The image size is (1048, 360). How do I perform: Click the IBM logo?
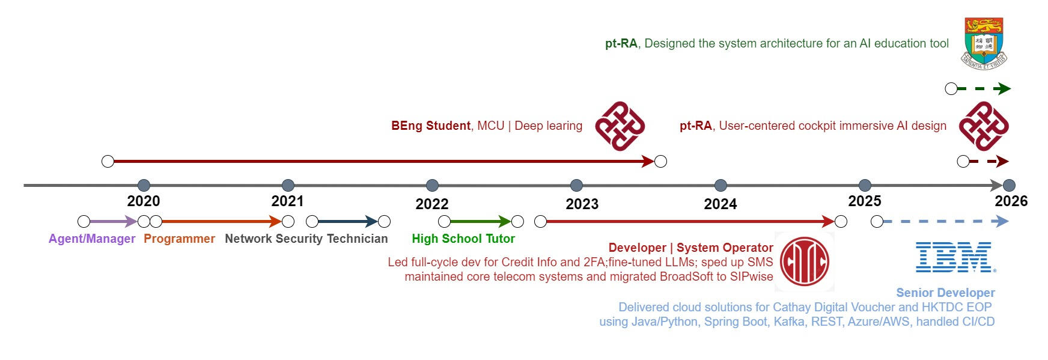click(x=955, y=257)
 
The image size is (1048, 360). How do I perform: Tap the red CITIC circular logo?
click(x=804, y=261)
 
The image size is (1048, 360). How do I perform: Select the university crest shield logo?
click(x=984, y=41)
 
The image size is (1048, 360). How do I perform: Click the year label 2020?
click(x=144, y=201)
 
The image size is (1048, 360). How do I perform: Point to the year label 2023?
click(x=582, y=204)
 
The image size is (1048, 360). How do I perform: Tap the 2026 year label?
click(x=1011, y=201)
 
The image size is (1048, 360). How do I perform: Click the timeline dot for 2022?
click(x=432, y=185)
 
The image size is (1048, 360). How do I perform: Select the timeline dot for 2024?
click(x=720, y=185)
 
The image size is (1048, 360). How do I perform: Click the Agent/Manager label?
click(x=92, y=239)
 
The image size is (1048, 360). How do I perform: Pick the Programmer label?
click(x=179, y=239)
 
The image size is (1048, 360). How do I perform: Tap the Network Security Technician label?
click(x=306, y=239)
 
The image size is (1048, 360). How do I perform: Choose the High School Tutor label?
click(x=463, y=239)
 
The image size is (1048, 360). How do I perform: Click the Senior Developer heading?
click(x=945, y=293)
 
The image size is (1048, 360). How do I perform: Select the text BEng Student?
click(x=430, y=126)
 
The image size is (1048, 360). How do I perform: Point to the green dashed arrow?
click(x=983, y=89)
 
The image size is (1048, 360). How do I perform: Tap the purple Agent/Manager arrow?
click(x=113, y=222)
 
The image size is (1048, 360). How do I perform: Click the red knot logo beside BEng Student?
click(x=620, y=126)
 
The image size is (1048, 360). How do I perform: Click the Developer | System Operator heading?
click(x=690, y=248)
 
